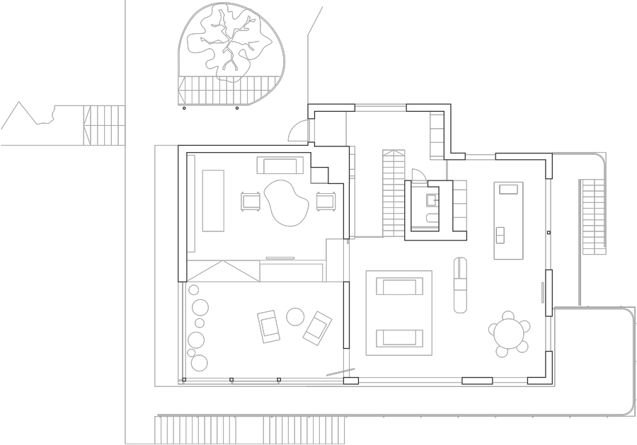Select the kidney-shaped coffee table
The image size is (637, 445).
[x=286, y=202]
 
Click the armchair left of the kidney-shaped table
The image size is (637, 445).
[x=251, y=202]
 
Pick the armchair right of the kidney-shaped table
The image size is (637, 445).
[x=326, y=201]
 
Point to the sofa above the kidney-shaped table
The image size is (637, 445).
[x=280, y=166]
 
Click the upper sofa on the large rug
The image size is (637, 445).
[x=398, y=287]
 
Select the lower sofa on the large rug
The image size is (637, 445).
[x=398, y=337]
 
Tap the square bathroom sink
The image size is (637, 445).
[x=432, y=200]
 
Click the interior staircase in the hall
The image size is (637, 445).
[x=394, y=194]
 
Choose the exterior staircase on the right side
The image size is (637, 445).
[x=593, y=216]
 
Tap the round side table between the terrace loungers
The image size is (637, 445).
[x=295, y=316]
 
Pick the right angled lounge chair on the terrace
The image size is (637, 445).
[x=318, y=328]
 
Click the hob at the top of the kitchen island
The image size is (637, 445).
[x=508, y=189]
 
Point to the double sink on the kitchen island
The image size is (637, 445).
[x=500, y=234]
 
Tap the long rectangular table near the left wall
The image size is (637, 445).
[x=213, y=200]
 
